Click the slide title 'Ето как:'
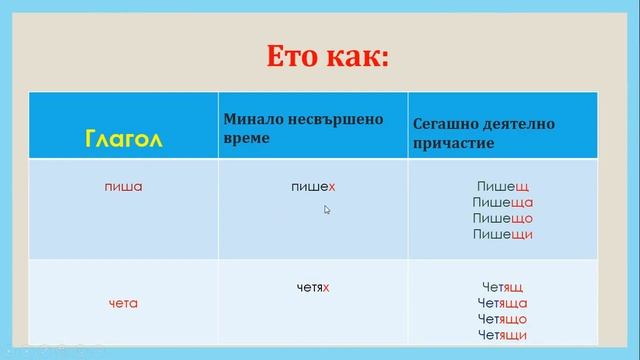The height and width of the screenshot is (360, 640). click(326, 57)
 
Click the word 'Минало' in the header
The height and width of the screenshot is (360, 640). click(247, 119)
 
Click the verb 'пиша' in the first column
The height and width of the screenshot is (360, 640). click(122, 187)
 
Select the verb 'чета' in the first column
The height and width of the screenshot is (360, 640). click(123, 303)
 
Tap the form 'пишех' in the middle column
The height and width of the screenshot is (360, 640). click(313, 187)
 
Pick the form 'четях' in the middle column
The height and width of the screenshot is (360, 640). click(313, 288)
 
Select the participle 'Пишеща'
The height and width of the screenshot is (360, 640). click(503, 203)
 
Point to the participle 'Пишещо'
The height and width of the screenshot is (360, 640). click(503, 219)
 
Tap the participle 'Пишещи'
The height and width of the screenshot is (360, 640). click(503, 235)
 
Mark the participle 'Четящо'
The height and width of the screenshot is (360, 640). click(503, 319)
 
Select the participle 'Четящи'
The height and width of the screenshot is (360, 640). click(503, 335)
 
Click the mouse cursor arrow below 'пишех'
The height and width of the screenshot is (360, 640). click(327, 209)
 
